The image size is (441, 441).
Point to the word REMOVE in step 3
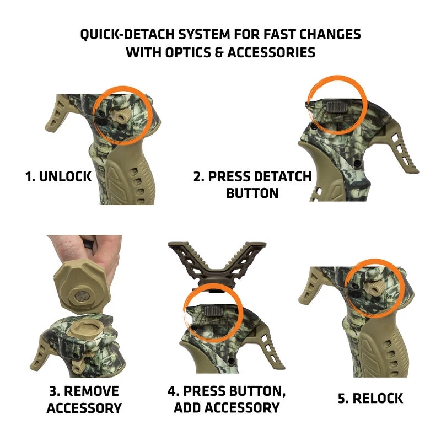coord(92,391)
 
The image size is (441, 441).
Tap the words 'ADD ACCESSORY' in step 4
coord(227,408)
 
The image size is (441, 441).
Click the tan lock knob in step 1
coord(119,116)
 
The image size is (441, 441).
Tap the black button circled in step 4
coord(212,310)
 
